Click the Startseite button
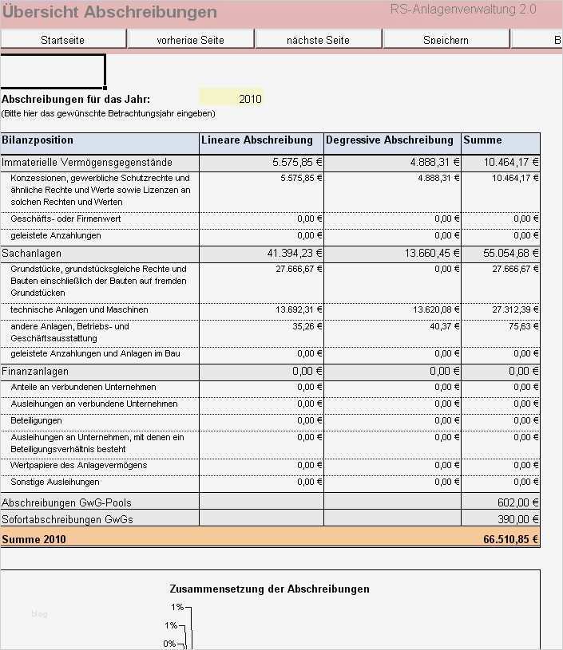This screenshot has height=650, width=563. coord(62,39)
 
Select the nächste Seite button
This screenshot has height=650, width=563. coord(318,39)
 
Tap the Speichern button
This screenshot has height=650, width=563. coord(446,39)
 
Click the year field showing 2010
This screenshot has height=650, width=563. coord(231,99)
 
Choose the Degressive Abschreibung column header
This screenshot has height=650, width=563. coord(389,140)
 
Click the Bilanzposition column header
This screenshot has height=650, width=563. coord(38,140)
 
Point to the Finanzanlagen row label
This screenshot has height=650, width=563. coord(35,372)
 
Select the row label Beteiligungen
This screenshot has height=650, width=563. coord(36,420)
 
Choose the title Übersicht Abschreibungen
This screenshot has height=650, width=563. coord(109,12)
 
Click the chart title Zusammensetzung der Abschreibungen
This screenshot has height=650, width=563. coord(269,589)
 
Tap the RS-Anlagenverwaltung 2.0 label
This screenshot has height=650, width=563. coord(463,10)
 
